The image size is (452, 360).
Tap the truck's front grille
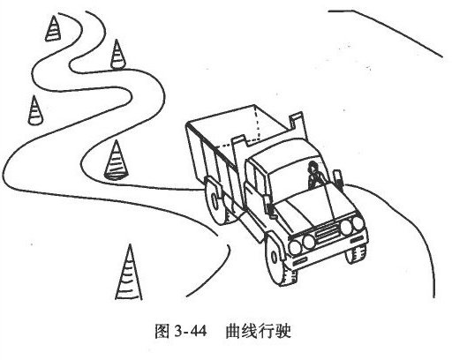(x=327, y=231)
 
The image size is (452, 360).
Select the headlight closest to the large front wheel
(x=295, y=247)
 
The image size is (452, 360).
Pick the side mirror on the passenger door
(x=268, y=206)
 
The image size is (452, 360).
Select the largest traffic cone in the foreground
(x=128, y=275)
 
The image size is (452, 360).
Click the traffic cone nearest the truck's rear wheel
(x=116, y=161)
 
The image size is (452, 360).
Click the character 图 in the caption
(x=162, y=332)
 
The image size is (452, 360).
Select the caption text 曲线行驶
(x=258, y=332)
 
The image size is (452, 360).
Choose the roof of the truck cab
(x=285, y=152)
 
